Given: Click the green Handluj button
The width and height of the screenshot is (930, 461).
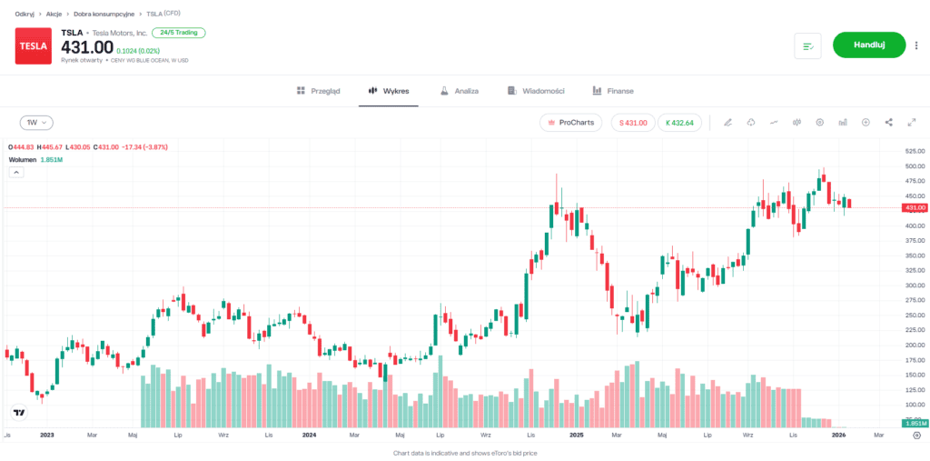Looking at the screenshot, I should point(869,45).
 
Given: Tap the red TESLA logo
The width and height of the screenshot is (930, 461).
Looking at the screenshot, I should point(34,45).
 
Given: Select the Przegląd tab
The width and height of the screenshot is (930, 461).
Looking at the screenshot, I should point(319,91).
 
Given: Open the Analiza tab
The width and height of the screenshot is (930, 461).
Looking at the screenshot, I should point(460,91).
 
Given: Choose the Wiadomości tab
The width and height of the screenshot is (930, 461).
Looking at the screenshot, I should point(537,91).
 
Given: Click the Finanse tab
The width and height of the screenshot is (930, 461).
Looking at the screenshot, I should point(613,91).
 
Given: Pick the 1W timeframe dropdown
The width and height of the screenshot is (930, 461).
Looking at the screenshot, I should point(36,122).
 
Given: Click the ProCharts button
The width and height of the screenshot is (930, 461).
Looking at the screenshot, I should point(570,122).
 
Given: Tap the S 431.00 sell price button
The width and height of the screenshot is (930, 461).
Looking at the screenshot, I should point(633,122).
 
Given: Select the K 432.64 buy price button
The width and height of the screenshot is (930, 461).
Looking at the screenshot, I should point(679,122).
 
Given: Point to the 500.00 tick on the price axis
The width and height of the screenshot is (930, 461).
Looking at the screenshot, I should point(914,166).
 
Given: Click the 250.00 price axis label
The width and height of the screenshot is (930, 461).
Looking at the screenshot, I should point(914,316).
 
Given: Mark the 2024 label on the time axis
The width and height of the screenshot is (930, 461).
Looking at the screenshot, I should point(309,436).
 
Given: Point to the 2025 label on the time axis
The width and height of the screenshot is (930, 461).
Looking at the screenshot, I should point(576,436).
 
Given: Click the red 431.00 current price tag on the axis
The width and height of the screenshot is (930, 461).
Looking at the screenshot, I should point(914,208).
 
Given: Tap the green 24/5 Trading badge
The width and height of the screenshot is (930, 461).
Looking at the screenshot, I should point(179,33).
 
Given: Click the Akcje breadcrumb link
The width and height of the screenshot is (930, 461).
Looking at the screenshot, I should point(54,14).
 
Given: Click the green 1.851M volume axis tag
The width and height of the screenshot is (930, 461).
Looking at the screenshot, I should point(914,424).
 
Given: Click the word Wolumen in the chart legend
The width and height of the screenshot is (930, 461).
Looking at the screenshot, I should point(23,159).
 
